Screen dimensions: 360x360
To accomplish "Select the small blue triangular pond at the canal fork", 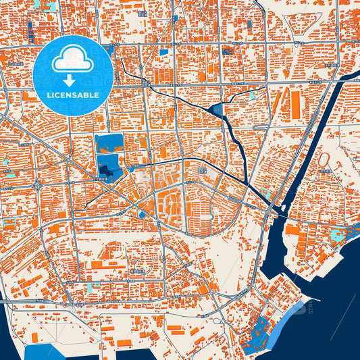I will (x=217, y=110).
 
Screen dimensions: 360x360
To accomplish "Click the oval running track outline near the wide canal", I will (x=324, y=160).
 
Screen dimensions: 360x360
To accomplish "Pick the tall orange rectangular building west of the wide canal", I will (x=295, y=103).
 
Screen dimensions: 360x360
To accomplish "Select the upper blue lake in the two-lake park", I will (x=109, y=143).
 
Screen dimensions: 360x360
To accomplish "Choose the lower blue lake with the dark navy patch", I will (x=109, y=165).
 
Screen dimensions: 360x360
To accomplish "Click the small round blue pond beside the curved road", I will (x=142, y=215).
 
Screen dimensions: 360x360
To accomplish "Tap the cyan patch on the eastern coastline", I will (x=336, y=236).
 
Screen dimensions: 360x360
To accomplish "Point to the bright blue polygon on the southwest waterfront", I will (x=44, y=351).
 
